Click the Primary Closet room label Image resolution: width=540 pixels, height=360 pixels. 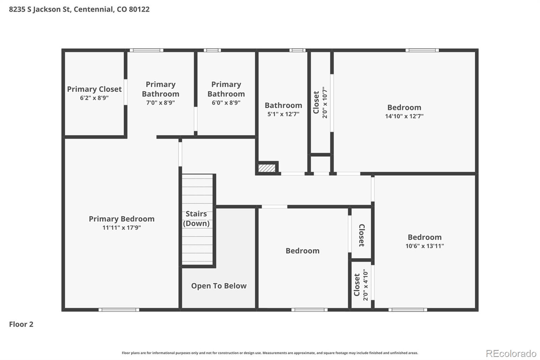point(94,89)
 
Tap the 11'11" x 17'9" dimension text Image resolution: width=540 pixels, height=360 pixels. point(122,228)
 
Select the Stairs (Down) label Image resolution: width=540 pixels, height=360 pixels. point(196,218)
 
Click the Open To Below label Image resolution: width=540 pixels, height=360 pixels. point(219,286)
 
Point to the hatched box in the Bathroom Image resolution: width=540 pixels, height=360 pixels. point(267,168)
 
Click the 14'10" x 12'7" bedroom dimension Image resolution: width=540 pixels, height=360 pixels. point(404,116)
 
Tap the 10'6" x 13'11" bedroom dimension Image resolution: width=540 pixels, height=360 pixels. point(425,246)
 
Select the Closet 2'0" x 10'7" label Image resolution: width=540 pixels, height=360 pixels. point(320,102)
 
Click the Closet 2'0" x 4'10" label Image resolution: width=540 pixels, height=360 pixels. point(361,285)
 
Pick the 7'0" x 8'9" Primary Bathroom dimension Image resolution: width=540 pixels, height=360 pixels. point(160,103)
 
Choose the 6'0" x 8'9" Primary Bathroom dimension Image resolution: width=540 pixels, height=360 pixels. point(226,103)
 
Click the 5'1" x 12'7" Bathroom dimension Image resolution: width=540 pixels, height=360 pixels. point(283,114)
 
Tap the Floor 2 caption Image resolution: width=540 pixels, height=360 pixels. point(21,324)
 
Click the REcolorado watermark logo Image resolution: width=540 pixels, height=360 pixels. point(511,353)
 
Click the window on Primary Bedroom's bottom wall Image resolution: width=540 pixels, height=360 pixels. point(119,310)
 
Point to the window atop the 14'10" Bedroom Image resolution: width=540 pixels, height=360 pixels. point(422,50)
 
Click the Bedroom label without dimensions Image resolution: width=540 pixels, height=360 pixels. point(302,251)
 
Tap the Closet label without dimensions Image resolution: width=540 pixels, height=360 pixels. point(361,235)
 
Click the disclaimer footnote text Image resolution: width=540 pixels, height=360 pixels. point(270,353)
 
